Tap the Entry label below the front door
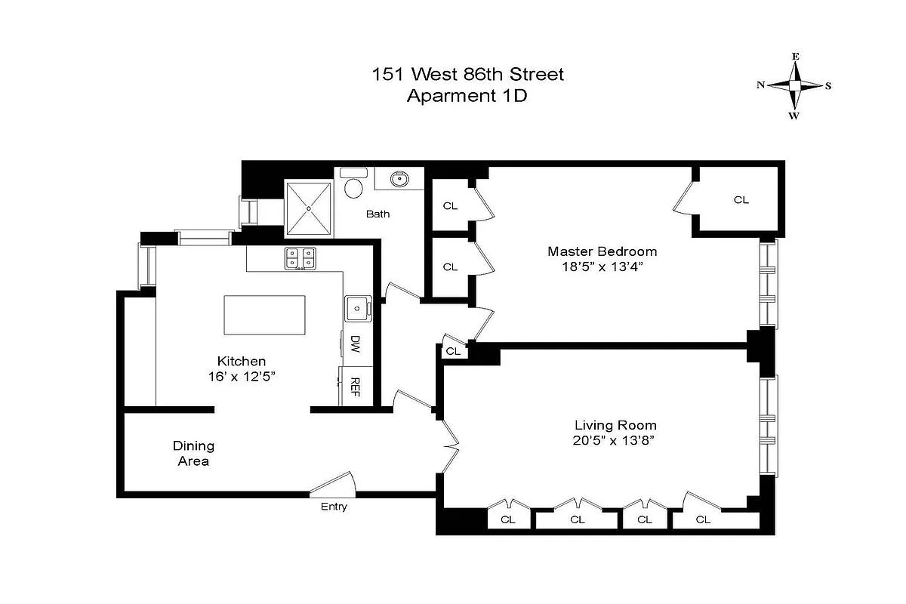tap(334, 507)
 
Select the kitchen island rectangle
tap(265, 316)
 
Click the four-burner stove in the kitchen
tap(300, 259)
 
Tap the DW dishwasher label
tap(355, 346)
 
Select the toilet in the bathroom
tap(353, 184)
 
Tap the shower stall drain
tap(309, 208)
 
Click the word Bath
tap(378, 214)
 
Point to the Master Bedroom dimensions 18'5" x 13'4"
tap(602, 267)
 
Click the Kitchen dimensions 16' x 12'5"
tap(242, 376)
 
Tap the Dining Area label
tap(194, 453)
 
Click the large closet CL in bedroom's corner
tap(741, 200)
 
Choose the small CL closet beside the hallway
tap(453, 351)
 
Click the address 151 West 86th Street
tap(467, 75)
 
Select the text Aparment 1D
tap(467, 96)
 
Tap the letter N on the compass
tap(760, 85)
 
